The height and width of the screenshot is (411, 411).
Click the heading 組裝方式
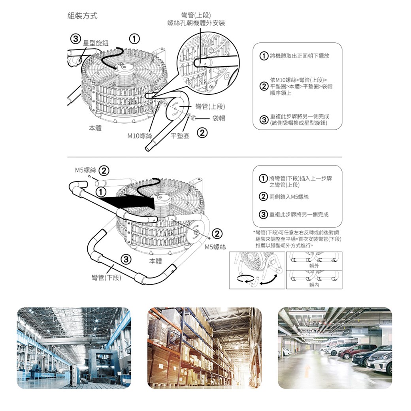coord(83,16)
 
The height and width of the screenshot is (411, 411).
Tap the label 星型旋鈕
coord(96,42)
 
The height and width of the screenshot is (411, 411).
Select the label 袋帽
coord(219,118)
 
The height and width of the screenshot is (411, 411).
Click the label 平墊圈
coord(180,136)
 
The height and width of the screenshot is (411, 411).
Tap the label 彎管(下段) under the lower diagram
coord(106,278)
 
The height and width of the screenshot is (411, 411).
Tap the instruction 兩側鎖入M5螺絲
coord(289,197)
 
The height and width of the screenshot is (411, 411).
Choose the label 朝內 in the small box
coord(315,285)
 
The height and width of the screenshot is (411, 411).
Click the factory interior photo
coord(74,348)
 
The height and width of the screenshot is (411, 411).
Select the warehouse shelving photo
coord(204,348)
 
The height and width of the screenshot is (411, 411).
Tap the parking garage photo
coord(335,348)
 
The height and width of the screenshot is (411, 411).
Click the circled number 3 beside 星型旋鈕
coord(74,39)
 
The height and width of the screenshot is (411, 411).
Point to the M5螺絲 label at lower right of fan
coord(215,247)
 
